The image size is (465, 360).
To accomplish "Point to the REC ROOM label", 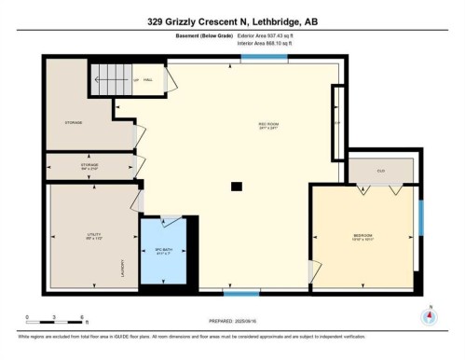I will [x=269, y=124].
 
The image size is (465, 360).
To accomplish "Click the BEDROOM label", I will [x=362, y=234].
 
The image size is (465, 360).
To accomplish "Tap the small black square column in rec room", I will [x=237, y=185].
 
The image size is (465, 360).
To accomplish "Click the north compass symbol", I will [x=430, y=315].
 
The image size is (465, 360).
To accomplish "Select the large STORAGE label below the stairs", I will [x=73, y=122].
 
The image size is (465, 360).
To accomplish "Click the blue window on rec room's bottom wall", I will [x=215, y=293].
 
